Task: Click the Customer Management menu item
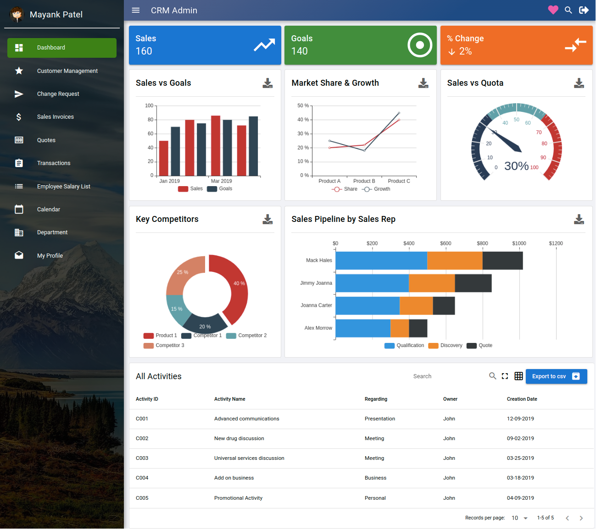[67, 71]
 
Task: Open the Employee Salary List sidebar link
[63, 187]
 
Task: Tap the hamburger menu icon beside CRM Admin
[136, 10]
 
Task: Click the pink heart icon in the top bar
[553, 10]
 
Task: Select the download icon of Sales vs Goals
[267, 83]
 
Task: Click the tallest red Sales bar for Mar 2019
[216, 145]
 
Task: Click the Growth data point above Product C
[399, 113]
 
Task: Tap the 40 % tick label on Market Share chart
[303, 120]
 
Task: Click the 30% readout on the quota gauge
[516, 166]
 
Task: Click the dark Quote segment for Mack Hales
[502, 260]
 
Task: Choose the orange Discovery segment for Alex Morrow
[400, 328]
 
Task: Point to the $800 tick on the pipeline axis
[482, 243]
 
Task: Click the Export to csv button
[556, 376]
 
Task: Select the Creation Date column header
[522, 399]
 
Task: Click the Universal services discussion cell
[249, 458]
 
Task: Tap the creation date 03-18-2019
[520, 478]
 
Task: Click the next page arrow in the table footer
[581, 518]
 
